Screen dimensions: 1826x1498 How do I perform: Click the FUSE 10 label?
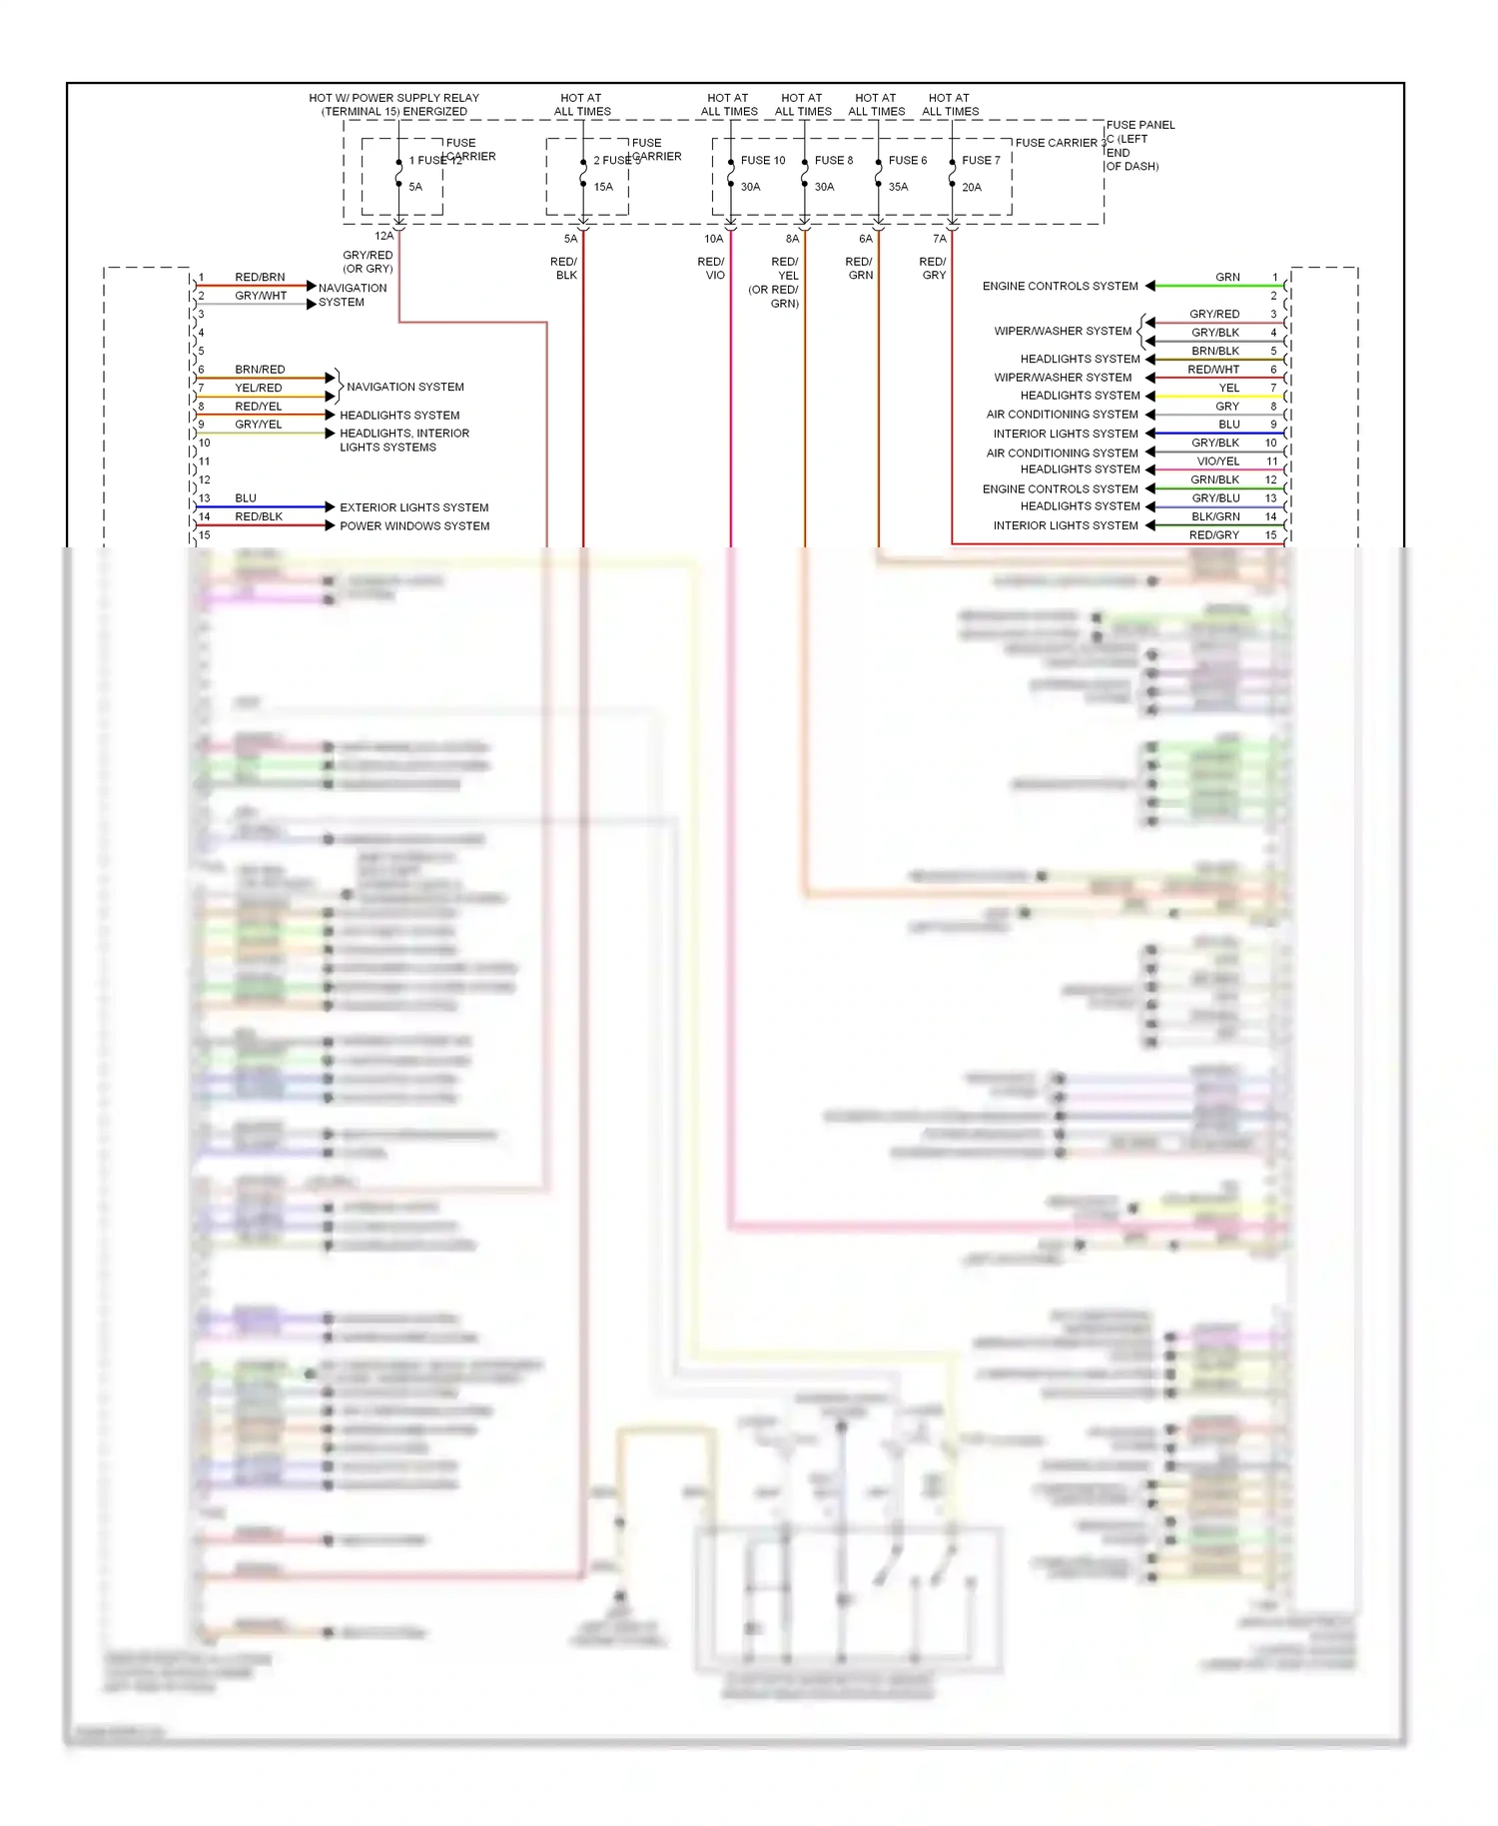tap(762, 160)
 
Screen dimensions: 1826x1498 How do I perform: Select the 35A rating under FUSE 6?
tap(898, 187)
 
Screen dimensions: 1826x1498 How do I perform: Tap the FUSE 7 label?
tap(981, 160)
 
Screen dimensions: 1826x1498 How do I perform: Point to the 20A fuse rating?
tap(971, 187)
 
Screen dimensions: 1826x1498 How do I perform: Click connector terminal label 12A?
tap(383, 237)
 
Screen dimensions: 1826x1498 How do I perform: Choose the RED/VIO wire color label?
tap(711, 269)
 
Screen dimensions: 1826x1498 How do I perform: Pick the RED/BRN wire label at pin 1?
tap(260, 277)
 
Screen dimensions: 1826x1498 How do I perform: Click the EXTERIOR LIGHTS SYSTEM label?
tap(413, 507)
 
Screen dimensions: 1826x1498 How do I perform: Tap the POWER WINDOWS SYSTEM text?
tap(414, 526)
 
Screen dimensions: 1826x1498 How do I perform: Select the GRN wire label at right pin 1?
tap(1227, 277)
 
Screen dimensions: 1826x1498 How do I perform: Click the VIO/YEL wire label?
tap(1217, 461)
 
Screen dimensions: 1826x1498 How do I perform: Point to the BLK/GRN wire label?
tap(1215, 516)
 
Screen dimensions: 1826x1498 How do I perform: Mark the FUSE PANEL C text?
tap(1139, 132)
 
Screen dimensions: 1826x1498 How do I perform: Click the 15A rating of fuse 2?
tap(603, 187)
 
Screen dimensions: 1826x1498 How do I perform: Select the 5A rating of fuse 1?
tap(415, 187)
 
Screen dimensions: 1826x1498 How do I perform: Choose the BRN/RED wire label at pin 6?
tap(260, 370)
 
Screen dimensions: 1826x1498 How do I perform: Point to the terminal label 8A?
tap(792, 239)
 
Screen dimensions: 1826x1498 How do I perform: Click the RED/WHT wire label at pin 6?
tap(1213, 370)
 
